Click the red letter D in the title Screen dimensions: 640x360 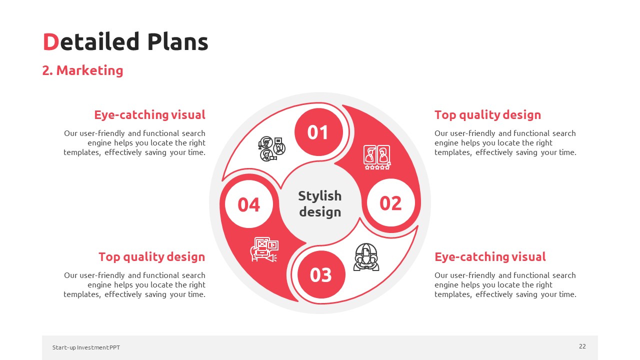[x=51, y=41]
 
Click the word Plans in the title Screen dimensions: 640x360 [x=177, y=41]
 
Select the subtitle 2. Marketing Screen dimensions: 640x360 [x=82, y=70]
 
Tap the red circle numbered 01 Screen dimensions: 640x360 [x=318, y=132]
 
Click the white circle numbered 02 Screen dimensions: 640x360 [x=390, y=203]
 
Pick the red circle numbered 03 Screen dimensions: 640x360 [x=321, y=274]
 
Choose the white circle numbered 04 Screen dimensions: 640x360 [x=249, y=204]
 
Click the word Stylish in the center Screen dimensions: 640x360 [x=319, y=196]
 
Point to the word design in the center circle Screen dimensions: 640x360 [x=320, y=212]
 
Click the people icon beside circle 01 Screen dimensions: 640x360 [x=271, y=149]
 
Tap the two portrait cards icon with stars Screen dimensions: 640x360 [x=377, y=157]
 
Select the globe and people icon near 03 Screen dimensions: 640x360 [x=366, y=257]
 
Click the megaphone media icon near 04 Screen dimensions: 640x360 [x=264, y=249]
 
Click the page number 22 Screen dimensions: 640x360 [x=582, y=346]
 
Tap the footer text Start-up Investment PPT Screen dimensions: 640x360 [x=86, y=347]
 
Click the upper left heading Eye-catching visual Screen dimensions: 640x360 [x=149, y=115]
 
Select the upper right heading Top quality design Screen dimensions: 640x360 [x=487, y=115]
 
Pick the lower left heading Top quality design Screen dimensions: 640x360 [x=151, y=257]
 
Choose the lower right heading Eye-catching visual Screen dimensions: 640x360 [x=490, y=257]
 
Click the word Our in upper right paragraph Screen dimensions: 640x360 [x=440, y=133]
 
